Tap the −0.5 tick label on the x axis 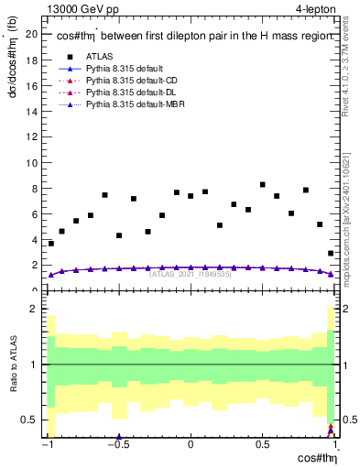(117, 445)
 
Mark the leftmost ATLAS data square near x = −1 (50, 244)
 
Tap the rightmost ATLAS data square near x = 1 (330, 253)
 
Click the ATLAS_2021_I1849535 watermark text (190, 274)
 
